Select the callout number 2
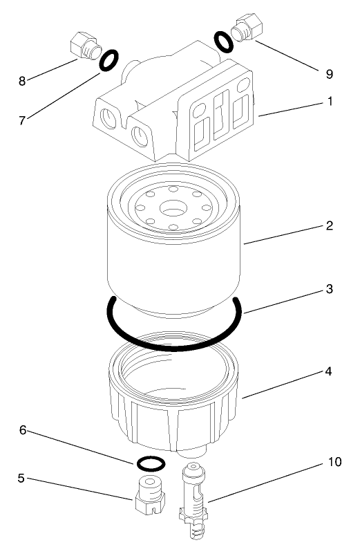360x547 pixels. click(330, 226)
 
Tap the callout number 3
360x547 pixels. click(330, 289)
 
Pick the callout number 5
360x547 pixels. click(21, 477)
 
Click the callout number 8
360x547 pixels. click(21, 80)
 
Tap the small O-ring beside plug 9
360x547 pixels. click(224, 42)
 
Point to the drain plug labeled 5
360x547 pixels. click(149, 489)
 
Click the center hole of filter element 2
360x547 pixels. click(170, 207)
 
